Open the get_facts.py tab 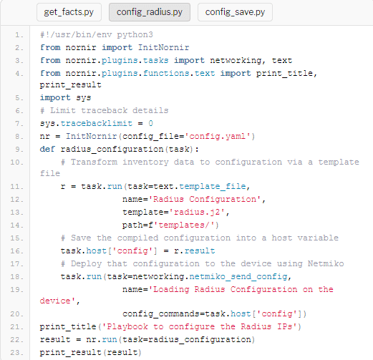tap(69, 12)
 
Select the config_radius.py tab tap(150, 12)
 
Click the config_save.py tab tap(235, 12)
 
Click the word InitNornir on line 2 tap(163, 47)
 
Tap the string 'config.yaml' tap(217, 136)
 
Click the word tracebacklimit tap(97, 123)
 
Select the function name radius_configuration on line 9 tap(112, 150)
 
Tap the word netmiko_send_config tap(238, 276)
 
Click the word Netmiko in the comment tap(326, 263)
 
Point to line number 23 tap(16, 353)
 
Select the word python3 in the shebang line tap(135, 35)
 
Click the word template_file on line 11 tap(213, 186)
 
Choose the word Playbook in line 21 tap(127, 326)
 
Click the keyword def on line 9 tap(47, 149)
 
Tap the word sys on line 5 tap(84, 98)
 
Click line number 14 tap(16, 225)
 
